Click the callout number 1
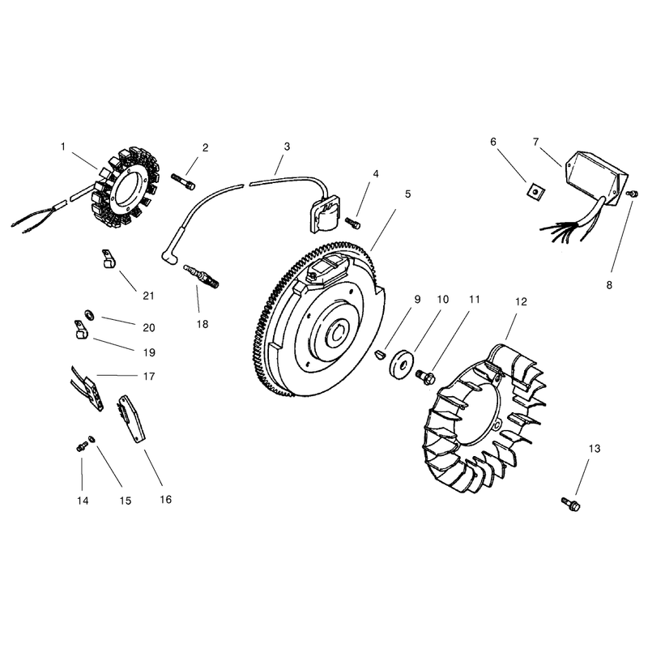[63, 147]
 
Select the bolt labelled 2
[183, 181]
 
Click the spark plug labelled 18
[201, 275]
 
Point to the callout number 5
[408, 194]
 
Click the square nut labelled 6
[535, 191]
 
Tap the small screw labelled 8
[632, 194]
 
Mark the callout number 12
[521, 301]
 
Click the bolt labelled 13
[571, 504]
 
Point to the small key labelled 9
[379, 356]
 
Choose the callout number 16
[166, 499]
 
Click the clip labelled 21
[109, 258]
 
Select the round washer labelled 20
[89, 315]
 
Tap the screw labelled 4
[353, 223]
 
